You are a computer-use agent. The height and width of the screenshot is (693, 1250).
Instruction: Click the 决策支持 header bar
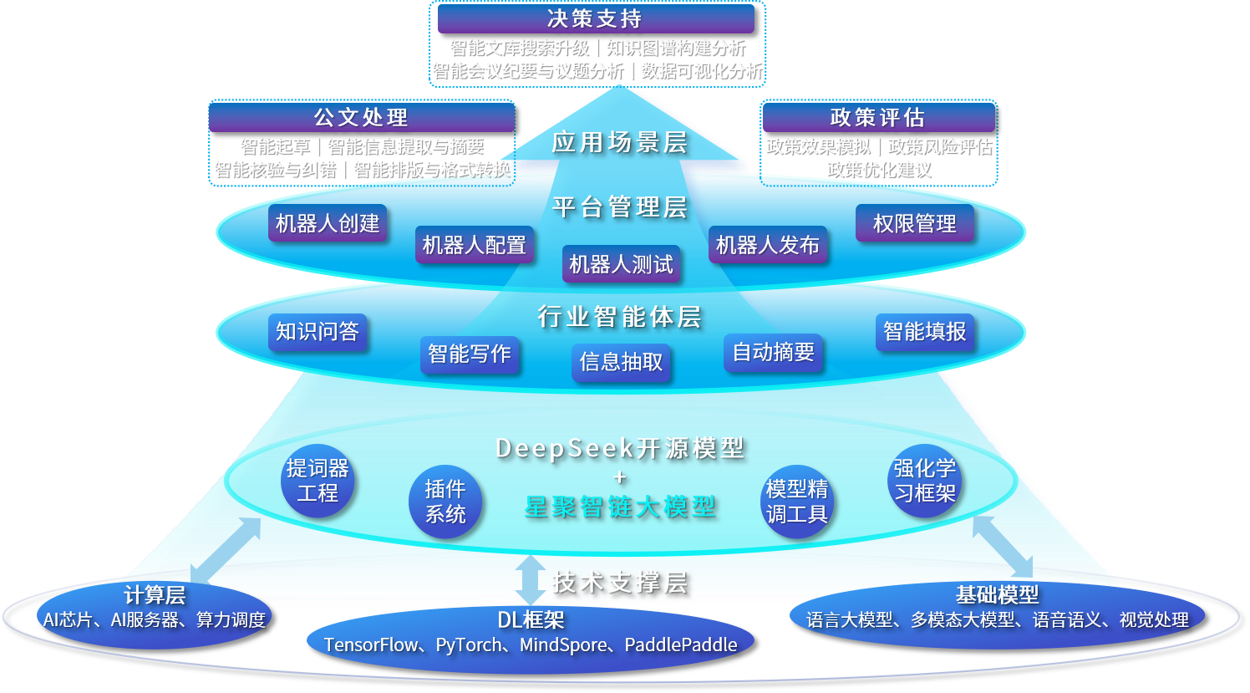pos(596,18)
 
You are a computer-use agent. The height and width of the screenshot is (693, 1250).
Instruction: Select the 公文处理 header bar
pos(361,118)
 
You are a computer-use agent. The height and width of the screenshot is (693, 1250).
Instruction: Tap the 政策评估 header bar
pos(878,118)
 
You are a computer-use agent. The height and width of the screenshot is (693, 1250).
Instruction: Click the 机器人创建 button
pos(328,223)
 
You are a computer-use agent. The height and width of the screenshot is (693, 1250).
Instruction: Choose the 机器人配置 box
pos(475,245)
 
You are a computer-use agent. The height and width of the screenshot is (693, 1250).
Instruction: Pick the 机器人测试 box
pos(621,264)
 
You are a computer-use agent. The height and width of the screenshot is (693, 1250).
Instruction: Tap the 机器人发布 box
pos(767,245)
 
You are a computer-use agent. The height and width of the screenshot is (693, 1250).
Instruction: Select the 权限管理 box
pos(915,223)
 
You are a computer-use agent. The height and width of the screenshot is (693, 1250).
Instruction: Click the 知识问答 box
pos(318,331)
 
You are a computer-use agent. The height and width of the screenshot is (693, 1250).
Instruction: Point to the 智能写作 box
pos(470,354)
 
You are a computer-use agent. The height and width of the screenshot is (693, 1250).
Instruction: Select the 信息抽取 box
pos(621,361)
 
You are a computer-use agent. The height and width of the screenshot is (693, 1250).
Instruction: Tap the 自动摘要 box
pos(773,352)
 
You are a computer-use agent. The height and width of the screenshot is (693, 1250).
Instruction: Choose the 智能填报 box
pos(924,331)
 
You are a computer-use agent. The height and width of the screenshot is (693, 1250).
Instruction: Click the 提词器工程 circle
pos(318,481)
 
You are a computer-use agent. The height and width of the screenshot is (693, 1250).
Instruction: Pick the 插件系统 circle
pos(445,501)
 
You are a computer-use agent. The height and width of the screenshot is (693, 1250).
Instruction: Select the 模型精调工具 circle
pos(797,501)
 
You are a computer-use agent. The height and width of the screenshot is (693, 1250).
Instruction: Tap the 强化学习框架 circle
pos(924,481)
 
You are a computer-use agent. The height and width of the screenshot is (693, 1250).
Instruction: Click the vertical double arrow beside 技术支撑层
pos(531,579)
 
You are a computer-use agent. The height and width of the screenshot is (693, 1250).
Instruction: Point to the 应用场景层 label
pos(619,143)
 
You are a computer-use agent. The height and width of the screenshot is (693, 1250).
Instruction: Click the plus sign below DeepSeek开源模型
pos(619,477)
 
